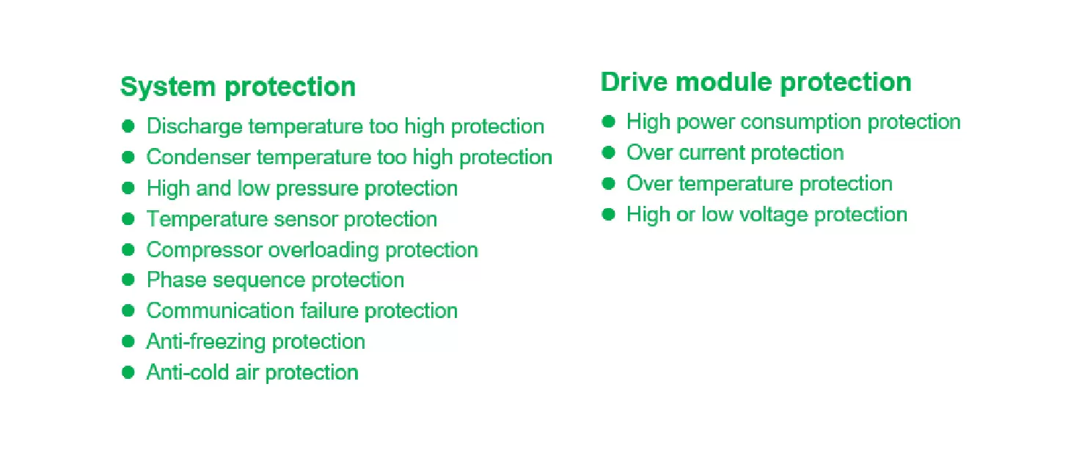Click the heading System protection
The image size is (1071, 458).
(238, 87)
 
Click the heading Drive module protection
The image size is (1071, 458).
(756, 82)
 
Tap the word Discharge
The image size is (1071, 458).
(194, 127)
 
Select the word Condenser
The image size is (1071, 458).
(198, 157)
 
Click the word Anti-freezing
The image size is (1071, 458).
(205, 342)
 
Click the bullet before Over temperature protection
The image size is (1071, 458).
(608, 184)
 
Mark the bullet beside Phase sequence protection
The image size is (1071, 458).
(128, 280)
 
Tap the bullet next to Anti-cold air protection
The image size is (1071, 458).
(128, 372)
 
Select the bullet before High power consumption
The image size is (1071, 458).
(608, 122)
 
